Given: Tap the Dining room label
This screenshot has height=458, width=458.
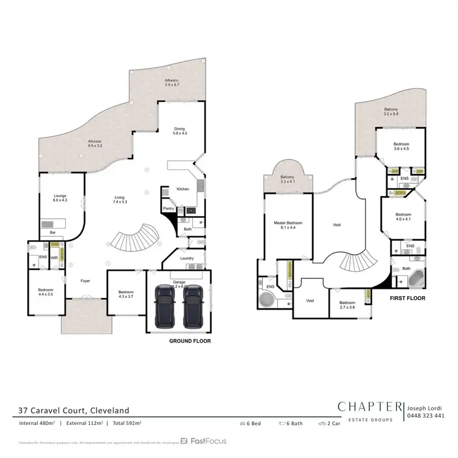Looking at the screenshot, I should tap(180, 130).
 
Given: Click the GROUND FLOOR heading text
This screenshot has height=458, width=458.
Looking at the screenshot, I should tap(189, 341).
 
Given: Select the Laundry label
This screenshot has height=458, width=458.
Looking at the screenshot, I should tap(187, 258).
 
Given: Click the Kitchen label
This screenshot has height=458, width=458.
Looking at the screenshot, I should tap(183, 189).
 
